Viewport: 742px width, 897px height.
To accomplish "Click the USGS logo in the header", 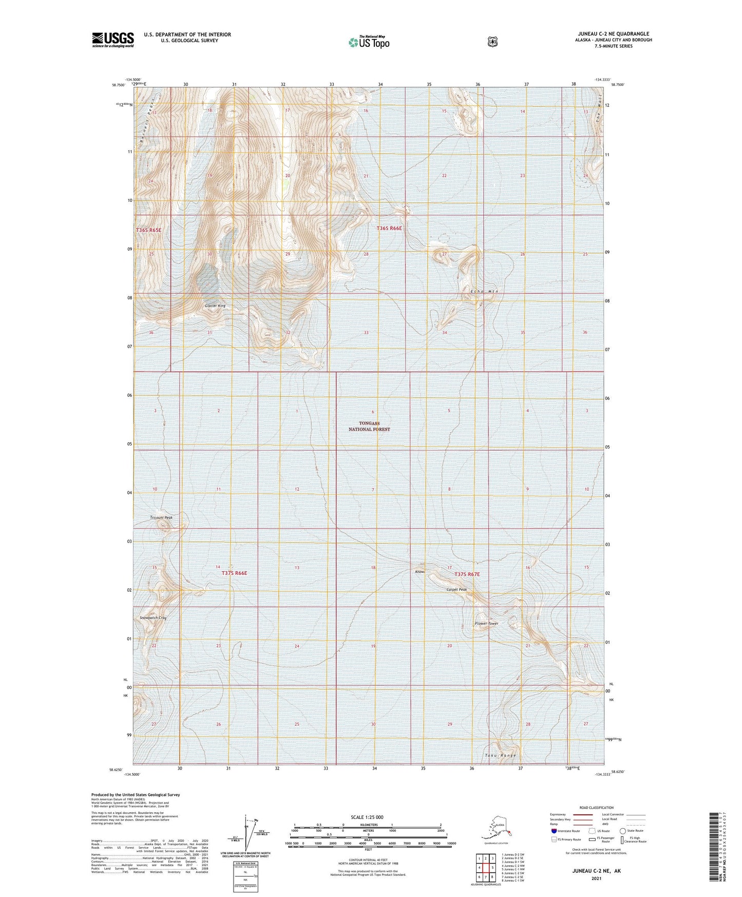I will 113,40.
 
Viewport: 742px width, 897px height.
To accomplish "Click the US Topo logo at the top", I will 369,42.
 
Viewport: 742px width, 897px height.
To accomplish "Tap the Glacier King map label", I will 215,306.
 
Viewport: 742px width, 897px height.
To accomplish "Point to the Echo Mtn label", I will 484,291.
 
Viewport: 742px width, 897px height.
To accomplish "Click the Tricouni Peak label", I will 161,517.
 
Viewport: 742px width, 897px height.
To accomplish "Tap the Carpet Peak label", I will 456,589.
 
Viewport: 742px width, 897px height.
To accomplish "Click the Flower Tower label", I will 486,624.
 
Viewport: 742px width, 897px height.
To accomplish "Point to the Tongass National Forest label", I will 370,426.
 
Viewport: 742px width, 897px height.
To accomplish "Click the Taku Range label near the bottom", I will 500,756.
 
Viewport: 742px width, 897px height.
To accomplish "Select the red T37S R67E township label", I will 467,574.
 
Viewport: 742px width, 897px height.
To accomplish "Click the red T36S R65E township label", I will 148,230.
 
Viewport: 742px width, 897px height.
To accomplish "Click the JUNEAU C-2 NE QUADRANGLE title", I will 613,34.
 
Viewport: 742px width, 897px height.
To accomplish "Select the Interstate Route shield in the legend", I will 554,831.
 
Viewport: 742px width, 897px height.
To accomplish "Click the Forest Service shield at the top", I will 492,42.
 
